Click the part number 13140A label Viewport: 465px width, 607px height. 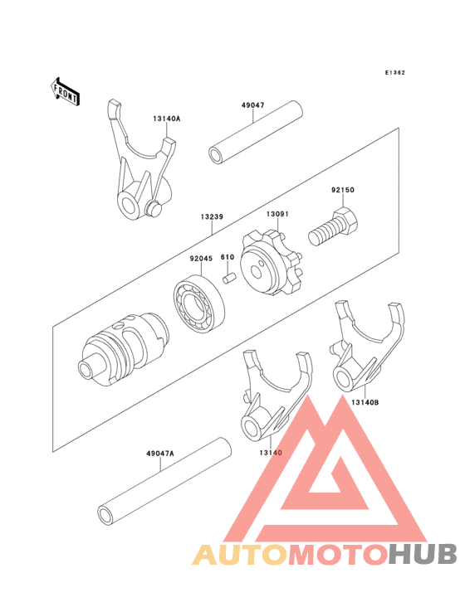pyautogui.click(x=166, y=119)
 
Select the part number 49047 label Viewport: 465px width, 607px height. pyautogui.click(x=253, y=107)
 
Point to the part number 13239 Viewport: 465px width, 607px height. pyautogui.click(x=210, y=217)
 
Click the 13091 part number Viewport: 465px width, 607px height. pyautogui.click(x=277, y=213)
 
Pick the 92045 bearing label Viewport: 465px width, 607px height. pyautogui.click(x=200, y=259)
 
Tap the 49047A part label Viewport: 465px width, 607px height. pyautogui.click(x=160, y=454)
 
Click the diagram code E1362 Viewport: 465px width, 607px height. pyautogui.click(x=394, y=73)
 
